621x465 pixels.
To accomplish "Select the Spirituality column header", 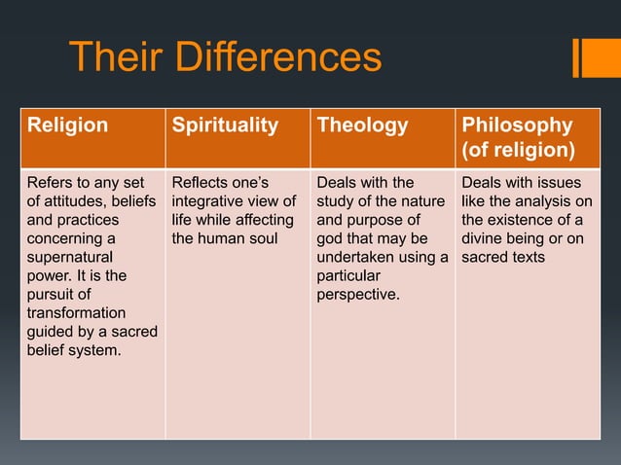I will pos(225,125).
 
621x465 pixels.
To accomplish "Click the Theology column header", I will pos(361,125).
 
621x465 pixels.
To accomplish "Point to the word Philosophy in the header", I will pos(517,125).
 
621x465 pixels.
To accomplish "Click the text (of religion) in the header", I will pos(517,150).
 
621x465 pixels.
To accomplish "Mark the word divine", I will pos(484,238).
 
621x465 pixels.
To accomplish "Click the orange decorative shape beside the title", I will pos(590,57).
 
